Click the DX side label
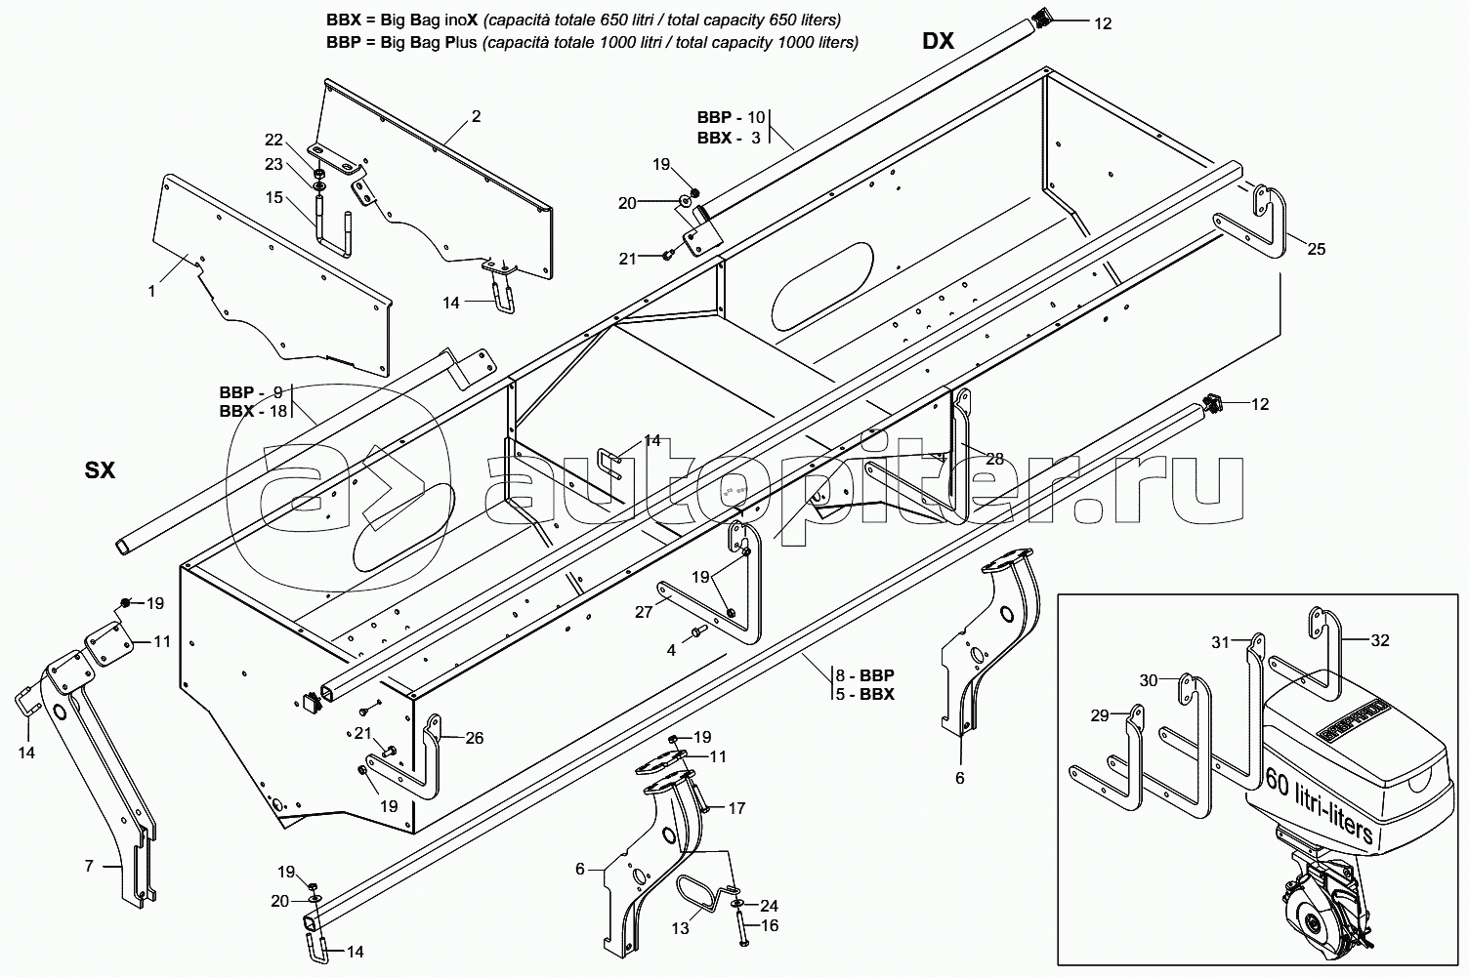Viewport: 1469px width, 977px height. pyautogui.click(x=938, y=41)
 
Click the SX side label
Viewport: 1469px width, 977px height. pyautogui.click(x=100, y=469)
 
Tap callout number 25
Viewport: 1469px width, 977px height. pyautogui.click(x=1317, y=249)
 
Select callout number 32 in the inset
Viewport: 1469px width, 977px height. pyautogui.click(x=1380, y=640)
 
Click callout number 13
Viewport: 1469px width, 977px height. pyautogui.click(x=681, y=928)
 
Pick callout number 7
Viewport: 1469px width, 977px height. pyautogui.click(x=89, y=866)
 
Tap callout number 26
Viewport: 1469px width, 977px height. pyautogui.click(x=474, y=738)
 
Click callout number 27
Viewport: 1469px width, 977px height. pyautogui.click(x=644, y=611)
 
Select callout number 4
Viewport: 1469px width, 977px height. pyautogui.click(x=671, y=651)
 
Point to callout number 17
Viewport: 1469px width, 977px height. pyautogui.click(x=737, y=808)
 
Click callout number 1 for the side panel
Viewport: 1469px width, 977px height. pyautogui.click(x=151, y=291)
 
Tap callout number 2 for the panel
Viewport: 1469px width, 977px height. pyautogui.click(x=476, y=116)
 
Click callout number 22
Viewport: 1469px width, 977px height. pyautogui.click(x=273, y=140)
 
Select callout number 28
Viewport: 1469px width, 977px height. pyautogui.click(x=995, y=459)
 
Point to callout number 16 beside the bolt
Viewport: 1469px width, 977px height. pyautogui.click(x=770, y=926)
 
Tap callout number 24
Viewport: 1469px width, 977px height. pyautogui.click(x=769, y=906)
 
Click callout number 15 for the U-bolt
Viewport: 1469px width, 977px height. pyautogui.click(x=274, y=197)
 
